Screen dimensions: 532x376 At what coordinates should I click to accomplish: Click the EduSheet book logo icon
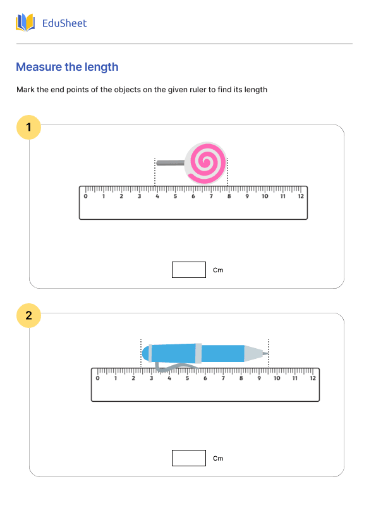pos(25,23)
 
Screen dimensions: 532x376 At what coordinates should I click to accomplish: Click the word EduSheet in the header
pos(64,23)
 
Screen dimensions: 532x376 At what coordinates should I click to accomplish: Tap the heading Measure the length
pos(67,67)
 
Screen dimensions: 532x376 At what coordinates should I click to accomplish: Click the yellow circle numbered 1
pos(28,128)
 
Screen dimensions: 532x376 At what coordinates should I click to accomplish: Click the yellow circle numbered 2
pos(28,315)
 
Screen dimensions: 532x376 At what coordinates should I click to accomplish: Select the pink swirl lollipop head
pos(205,163)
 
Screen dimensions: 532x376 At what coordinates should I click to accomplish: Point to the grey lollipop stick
pos(169,163)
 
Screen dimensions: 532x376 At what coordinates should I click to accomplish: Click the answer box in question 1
pos(189,270)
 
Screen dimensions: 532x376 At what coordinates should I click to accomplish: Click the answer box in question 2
pos(189,458)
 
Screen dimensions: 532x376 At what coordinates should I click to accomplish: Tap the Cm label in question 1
pos(218,270)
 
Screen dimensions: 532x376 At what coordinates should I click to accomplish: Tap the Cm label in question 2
pos(218,458)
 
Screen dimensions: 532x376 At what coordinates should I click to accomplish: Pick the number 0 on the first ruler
pos(86,196)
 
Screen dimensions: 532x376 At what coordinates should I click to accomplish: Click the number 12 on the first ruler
pos(301,196)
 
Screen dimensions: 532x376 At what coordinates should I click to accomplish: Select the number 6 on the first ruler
pos(193,196)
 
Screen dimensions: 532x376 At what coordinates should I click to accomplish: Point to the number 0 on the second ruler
pos(97,378)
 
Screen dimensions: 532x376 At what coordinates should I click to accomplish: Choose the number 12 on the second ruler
pos(313,378)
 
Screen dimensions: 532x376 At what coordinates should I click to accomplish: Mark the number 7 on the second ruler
pos(223,378)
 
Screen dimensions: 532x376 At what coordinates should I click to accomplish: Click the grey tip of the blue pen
pos(255,354)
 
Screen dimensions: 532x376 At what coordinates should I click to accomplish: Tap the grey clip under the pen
pos(172,366)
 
